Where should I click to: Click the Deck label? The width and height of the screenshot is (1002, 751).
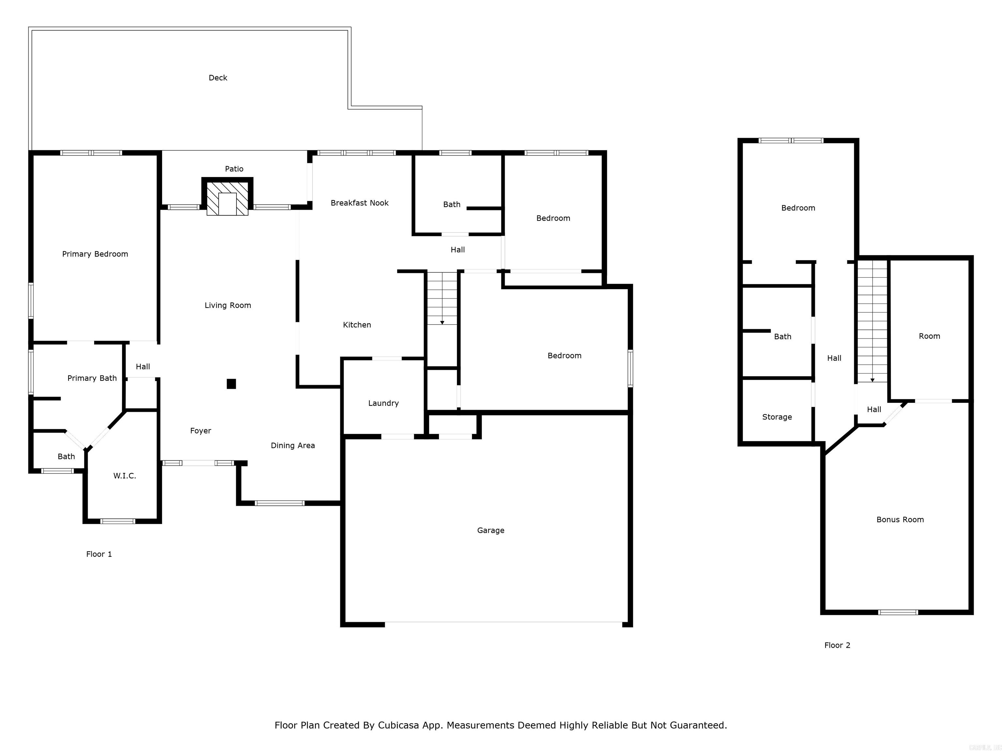pyautogui.click(x=218, y=78)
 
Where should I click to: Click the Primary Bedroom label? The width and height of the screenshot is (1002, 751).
pyautogui.click(x=95, y=254)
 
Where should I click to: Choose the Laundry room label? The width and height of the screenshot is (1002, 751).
pyautogui.click(x=383, y=403)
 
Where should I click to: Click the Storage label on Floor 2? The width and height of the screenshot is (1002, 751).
pyautogui.click(x=777, y=417)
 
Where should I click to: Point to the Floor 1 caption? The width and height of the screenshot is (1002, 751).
pyautogui.click(x=99, y=554)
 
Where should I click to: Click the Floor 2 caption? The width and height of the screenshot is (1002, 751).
pyautogui.click(x=837, y=645)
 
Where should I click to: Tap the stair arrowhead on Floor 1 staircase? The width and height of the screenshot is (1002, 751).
pyautogui.click(x=442, y=322)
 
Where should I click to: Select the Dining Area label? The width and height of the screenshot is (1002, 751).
pyautogui.click(x=293, y=446)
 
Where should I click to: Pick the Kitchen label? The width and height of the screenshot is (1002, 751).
pyautogui.click(x=357, y=325)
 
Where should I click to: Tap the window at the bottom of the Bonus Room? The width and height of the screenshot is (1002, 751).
pyautogui.click(x=898, y=612)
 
